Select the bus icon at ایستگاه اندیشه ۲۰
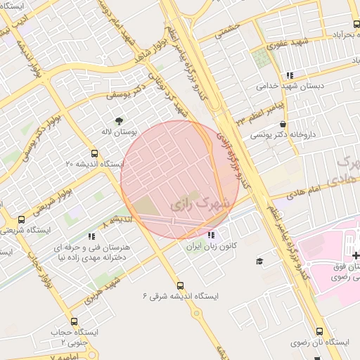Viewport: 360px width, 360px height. coord(95,153)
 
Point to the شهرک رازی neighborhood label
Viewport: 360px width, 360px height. coord(200,202)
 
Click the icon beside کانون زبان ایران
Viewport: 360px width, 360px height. coord(212,235)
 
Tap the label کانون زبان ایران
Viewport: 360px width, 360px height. coord(212,247)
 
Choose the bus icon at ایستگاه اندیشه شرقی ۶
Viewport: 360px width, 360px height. coord(181,285)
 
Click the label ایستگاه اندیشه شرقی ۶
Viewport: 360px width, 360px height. coord(181,297)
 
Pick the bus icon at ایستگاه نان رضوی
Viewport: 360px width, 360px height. coord(320,330)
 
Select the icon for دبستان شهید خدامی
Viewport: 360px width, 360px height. coord(289,75)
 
